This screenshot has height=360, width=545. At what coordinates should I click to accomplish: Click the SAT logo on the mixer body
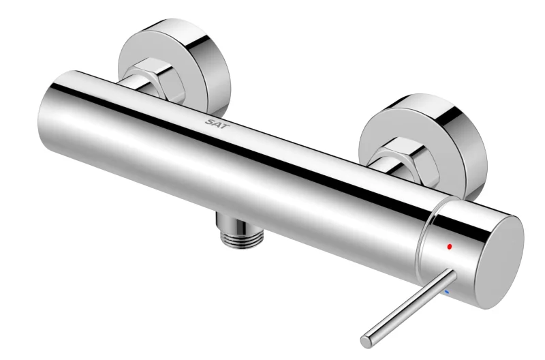coord(217,123)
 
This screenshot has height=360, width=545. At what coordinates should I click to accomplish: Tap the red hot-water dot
coord(450,246)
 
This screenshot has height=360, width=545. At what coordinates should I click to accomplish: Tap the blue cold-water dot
coord(448,292)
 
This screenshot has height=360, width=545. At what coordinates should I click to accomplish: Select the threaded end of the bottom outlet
coord(242,239)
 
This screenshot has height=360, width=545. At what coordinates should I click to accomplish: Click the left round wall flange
coord(174,66)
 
